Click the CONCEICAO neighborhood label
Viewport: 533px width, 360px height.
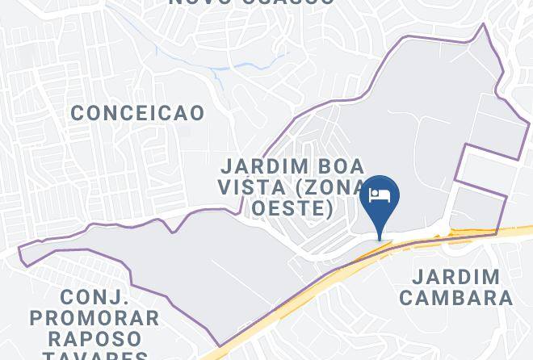137,113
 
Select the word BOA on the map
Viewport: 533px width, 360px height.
331,167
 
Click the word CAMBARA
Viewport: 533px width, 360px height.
455,297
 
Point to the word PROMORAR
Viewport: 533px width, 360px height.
94,317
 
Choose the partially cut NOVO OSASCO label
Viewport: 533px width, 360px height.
251,2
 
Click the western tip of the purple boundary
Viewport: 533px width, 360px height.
19,250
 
